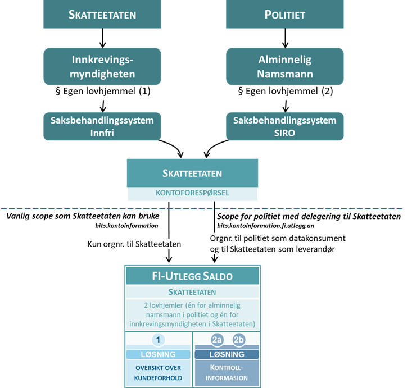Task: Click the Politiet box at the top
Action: click(284, 14)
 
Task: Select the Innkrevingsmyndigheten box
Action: click(102, 66)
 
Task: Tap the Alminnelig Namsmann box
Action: click(285, 66)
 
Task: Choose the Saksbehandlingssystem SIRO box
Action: click(285, 126)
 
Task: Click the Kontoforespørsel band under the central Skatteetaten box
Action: click(192, 194)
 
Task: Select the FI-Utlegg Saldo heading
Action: click(192, 276)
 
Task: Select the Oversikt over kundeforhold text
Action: click(158, 373)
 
